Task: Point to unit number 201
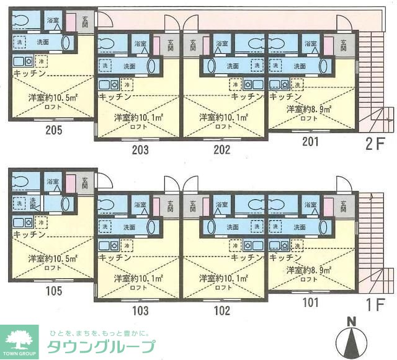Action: (x=310, y=141)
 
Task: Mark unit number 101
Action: (x=310, y=303)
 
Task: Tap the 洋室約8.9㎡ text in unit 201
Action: (x=308, y=109)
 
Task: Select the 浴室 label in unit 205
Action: (x=53, y=20)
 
